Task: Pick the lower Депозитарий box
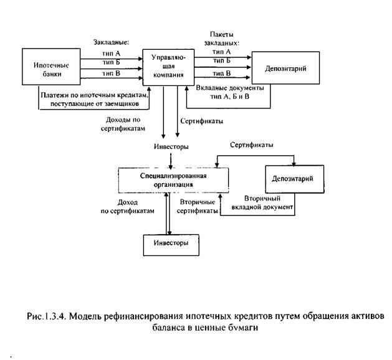point(292,179)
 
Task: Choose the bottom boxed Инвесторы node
point(166,240)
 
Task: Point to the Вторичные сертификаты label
point(198,207)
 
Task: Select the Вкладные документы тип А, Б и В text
point(230,93)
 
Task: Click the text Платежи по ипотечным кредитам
point(93,94)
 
